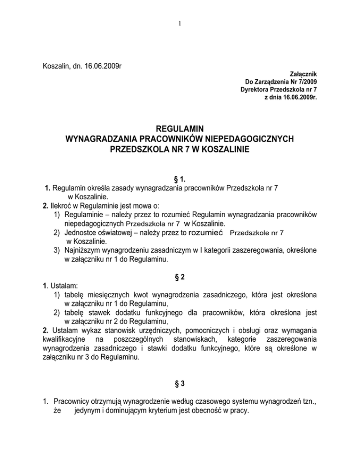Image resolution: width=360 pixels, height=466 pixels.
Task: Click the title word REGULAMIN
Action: point(180,129)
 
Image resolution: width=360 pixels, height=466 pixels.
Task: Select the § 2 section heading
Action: point(180,277)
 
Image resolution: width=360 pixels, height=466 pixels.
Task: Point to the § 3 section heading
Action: point(180,384)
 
